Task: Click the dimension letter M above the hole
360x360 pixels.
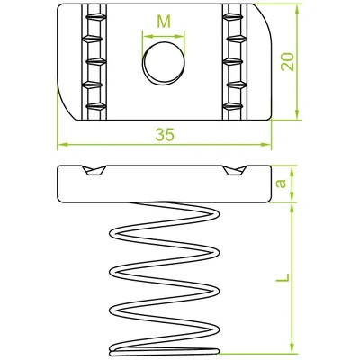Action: click(x=164, y=22)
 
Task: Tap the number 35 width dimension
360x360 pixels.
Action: click(x=165, y=135)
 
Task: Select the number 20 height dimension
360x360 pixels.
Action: click(x=287, y=62)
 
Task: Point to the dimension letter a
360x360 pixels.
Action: click(x=281, y=184)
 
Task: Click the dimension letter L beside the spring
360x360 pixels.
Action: click(x=283, y=277)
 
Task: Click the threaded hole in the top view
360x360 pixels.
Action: click(x=164, y=63)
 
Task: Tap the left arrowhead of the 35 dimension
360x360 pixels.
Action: click(x=62, y=145)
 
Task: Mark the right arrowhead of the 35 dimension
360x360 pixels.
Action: click(x=265, y=145)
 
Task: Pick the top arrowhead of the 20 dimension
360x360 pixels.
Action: click(x=297, y=10)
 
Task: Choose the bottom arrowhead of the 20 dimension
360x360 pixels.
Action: click(x=297, y=114)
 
